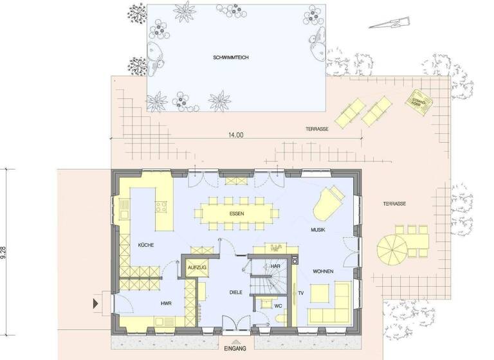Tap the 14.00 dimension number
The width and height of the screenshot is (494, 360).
coord(235,136)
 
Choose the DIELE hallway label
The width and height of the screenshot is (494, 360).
coord(235,292)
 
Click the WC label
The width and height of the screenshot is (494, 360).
coord(278,306)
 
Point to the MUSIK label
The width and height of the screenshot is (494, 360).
coord(318,230)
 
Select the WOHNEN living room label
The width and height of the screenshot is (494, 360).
coord(323,271)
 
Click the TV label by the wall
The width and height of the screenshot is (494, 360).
coord(300,293)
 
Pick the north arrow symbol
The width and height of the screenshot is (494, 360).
coord(388,24)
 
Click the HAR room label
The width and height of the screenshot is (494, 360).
coord(275,265)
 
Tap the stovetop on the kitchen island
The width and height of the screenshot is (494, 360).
coord(161,207)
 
